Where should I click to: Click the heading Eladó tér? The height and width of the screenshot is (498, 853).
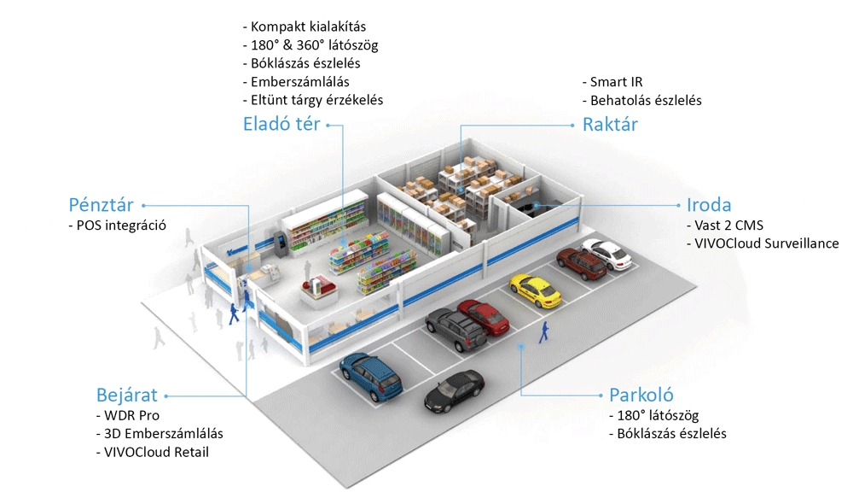(x=281, y=124)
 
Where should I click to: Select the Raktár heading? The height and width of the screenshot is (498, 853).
(x=610, y=124)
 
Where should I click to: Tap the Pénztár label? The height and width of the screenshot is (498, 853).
(x=101, y=205)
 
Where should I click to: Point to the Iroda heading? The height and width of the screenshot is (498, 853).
(x=708, y=205)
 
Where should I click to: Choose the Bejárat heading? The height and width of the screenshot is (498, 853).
(x=127, y=395)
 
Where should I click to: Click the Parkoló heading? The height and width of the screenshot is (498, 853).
(x=641, y=395)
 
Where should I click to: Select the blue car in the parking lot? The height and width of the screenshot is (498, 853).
(x=371, y=377)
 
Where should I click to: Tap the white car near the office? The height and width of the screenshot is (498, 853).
(x=607, y=254)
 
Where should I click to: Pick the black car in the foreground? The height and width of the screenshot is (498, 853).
(x=455, y=390)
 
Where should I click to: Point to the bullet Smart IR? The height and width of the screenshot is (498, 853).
(x=612, y=82)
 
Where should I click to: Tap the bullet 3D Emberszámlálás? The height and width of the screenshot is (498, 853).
(x=160, y=434)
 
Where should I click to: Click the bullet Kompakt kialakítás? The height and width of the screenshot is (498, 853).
(x=305, y=26)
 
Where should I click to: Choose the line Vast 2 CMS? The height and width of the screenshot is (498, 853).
(x=725, y=226)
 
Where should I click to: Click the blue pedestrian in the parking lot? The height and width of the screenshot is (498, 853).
(x=543, y=331)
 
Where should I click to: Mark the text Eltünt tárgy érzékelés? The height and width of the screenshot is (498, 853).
(x=313, y=100)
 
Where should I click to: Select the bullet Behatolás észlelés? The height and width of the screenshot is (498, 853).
(x=642, y=101)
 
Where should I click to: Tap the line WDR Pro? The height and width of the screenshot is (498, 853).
(x=128, y=416)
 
